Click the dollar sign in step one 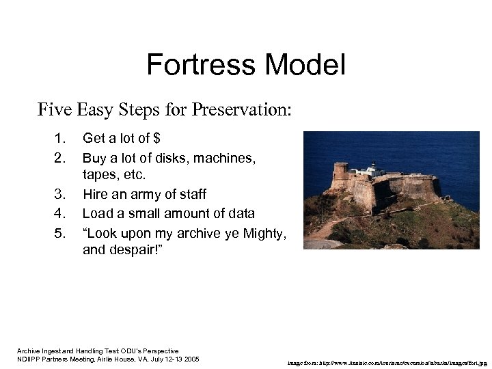[157, 139]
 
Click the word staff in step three [193, 195]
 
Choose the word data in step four [241, 214]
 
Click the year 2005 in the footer [189, 359]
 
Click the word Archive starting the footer [28, 351]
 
